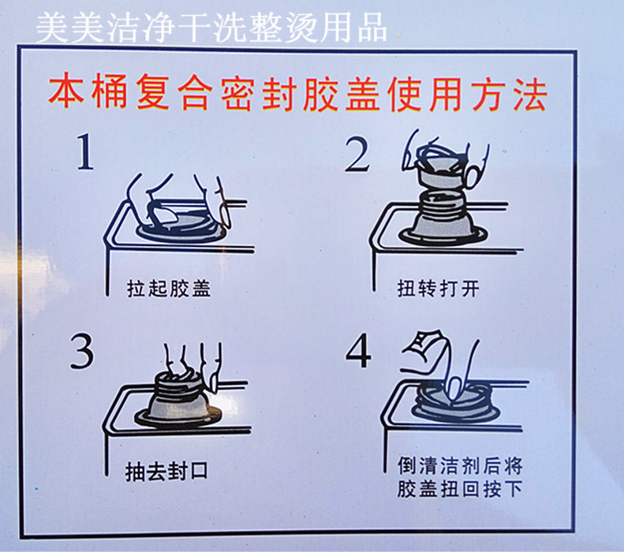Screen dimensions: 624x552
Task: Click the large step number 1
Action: [85, 151]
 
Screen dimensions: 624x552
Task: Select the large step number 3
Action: [82, 351]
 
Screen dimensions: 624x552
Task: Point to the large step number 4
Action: [359, 351]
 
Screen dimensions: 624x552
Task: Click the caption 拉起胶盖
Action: [169, 289]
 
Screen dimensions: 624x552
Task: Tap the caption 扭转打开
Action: [438, 289]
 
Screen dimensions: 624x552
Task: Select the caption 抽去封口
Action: [166, 472]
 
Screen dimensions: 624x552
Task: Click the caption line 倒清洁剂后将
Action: [460, 466]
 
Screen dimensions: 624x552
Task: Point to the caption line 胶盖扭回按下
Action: [460, 489]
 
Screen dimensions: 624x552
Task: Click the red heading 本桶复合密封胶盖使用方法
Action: [297, 95]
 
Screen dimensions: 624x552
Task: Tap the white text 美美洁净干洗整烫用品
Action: [211, 27]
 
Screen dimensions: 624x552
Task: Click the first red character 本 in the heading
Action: [66, 95]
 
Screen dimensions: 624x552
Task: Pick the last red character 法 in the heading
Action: [530, 95]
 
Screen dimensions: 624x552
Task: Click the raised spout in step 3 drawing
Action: [178, 400]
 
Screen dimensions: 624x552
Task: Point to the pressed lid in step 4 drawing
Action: [454, 402]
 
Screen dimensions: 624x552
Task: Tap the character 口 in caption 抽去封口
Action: [198, 472]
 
